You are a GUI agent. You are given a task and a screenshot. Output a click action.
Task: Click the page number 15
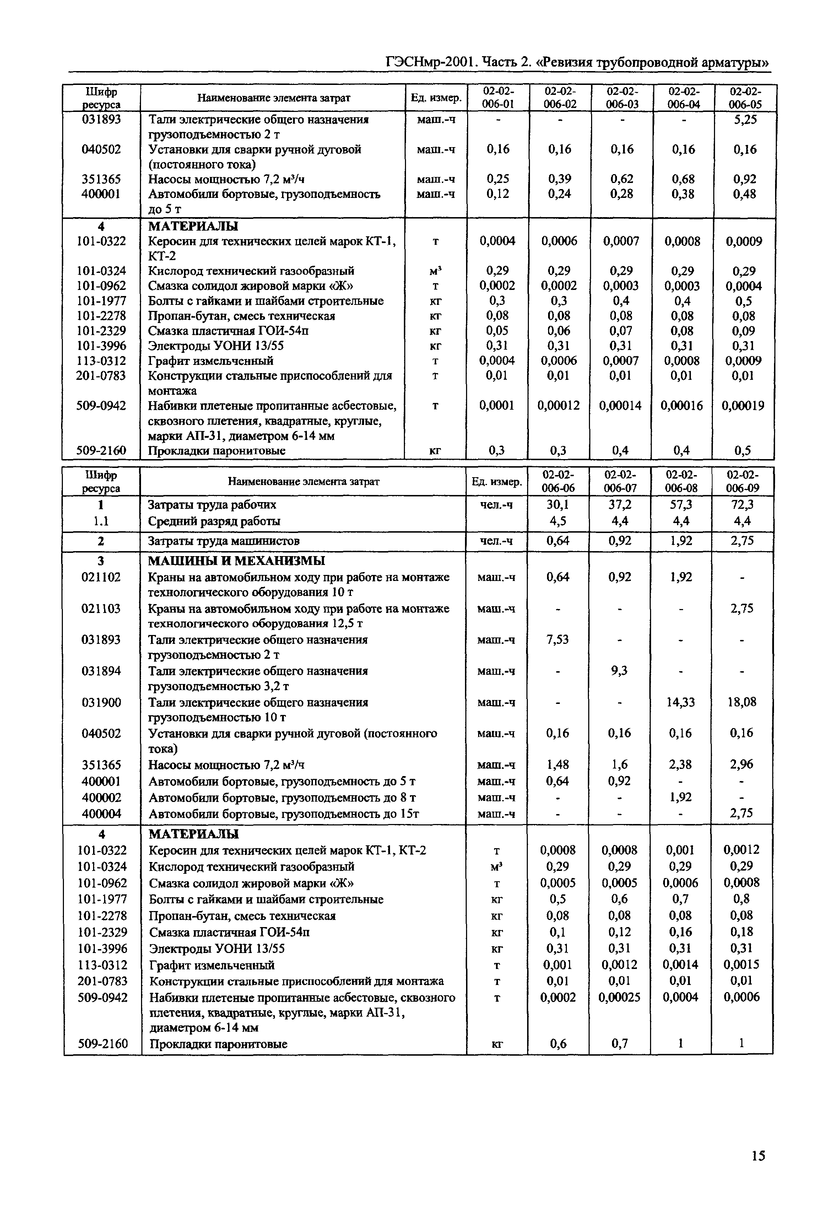click(x=758, y=1156)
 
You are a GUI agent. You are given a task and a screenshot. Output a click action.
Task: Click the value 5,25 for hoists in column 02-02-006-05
click(x=745, y=120)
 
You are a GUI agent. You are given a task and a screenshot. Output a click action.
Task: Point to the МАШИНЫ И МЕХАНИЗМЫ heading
click(x=237, y=561)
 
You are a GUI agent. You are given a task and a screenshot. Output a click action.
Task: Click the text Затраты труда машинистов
click(x=224, y=541)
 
